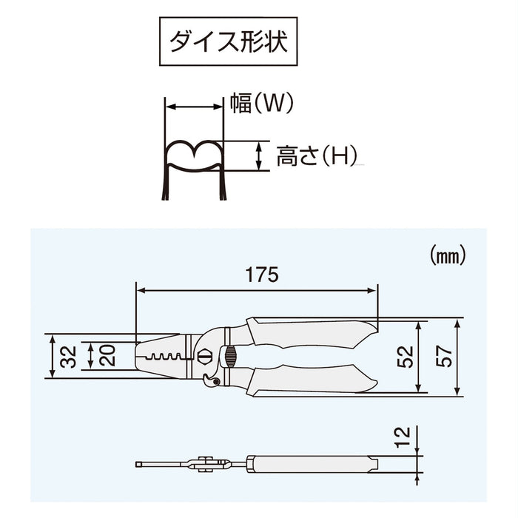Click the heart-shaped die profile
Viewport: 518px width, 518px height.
192,155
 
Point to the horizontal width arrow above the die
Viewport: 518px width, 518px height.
193,107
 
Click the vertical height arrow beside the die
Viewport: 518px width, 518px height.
258,156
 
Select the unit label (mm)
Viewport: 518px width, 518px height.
447,257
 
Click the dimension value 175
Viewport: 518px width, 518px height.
263,275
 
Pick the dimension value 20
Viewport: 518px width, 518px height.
107,356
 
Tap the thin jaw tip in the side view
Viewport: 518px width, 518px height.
159,465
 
